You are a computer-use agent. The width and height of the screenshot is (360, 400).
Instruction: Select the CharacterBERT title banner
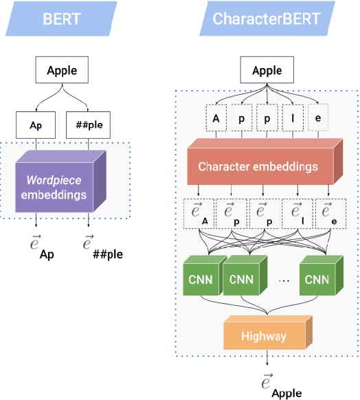[x=267, y=19]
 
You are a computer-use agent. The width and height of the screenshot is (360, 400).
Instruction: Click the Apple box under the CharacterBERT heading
[x=267, y=71]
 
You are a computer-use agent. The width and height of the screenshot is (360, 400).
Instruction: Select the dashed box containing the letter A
[x=216, y=118]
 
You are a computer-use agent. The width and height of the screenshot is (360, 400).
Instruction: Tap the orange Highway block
[x=265, y=337]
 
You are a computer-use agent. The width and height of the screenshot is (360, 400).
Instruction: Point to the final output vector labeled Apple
[x=274, y=384]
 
